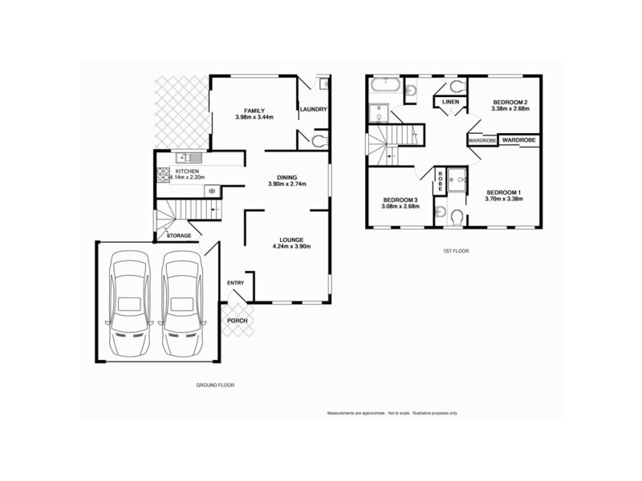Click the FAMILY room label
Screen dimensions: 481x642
(255, 111)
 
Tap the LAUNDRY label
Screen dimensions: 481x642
(313, 111)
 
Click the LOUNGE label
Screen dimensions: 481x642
(291, 239)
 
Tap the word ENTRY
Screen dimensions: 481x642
(235, 283)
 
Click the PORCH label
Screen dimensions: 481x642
(237, 321)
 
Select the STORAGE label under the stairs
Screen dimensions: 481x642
(178, 236)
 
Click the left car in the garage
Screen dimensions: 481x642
(130, 304)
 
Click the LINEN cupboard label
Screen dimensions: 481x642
(450, 102)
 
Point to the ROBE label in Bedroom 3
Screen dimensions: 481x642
(441, 181)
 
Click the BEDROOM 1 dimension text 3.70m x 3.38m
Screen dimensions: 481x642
(505, 200)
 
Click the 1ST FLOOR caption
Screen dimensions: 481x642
(456, 252)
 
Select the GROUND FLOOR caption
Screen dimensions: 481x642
(215, 385)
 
